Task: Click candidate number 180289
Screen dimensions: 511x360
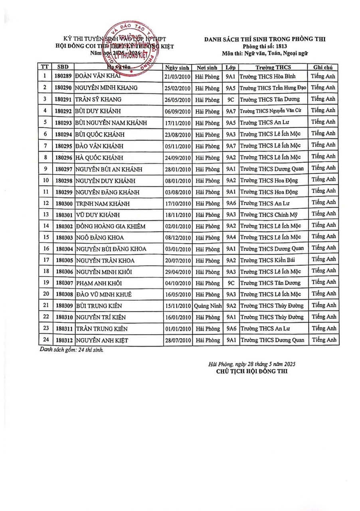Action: click(x=63, y=76)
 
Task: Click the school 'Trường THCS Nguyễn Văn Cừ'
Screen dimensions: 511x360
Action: click(x=273, y=111)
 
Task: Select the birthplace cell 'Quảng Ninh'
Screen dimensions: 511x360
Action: click(x=207, y=306)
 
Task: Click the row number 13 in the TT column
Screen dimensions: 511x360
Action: click(x=45, y=215)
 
